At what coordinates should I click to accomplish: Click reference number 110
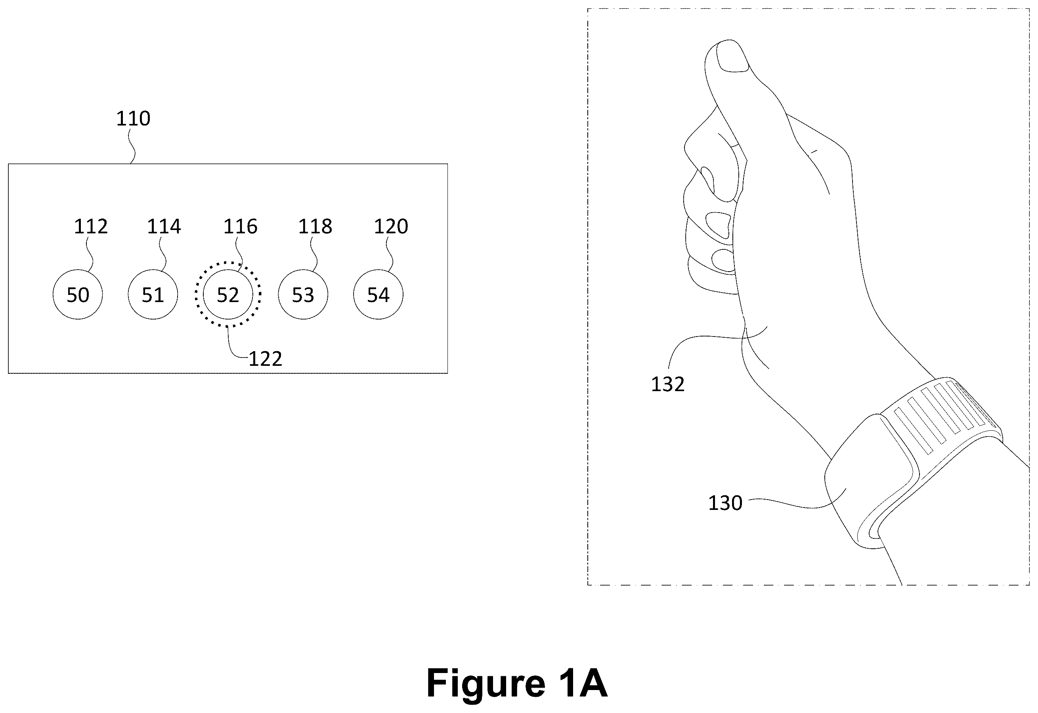click(133, 119)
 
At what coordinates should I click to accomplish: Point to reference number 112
click(91, 227)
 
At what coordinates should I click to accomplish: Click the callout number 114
click(164, 227)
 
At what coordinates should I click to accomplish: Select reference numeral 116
click(241, 227)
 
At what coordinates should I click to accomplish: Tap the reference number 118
click(315, 227)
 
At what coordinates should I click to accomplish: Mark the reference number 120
click(391, 227)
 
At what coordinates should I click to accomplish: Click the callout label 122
click(266, 359)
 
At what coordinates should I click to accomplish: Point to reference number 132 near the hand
click(668, 384)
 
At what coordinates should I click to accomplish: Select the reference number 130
click(725, 504)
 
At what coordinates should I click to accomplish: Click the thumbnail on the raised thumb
click(732, 57)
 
